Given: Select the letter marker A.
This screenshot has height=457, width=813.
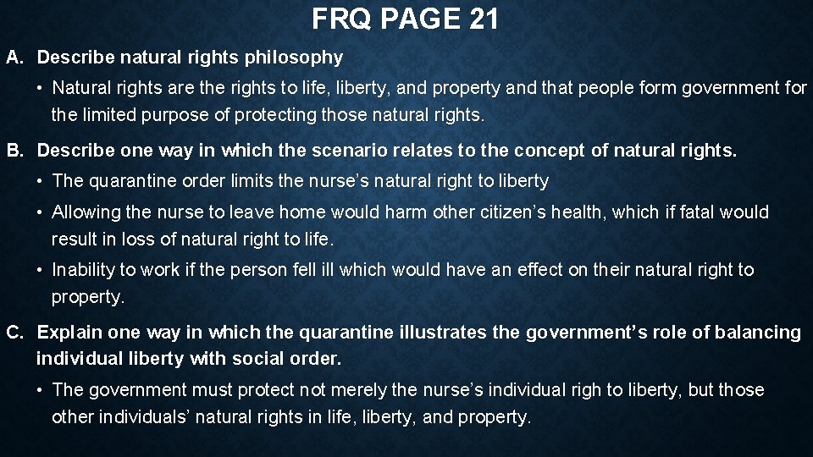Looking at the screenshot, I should (13, 58).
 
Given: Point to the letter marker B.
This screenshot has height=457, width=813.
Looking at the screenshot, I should (13, 151).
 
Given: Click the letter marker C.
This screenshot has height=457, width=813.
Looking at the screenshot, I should (13, 333).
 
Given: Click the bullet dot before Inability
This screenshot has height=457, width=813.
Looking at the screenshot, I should (41, 270).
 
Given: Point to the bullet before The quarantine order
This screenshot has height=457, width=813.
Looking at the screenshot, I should (41, 181).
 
